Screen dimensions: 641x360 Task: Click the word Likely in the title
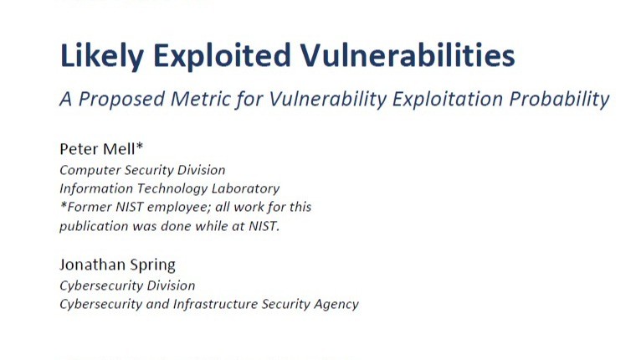click(101, 56)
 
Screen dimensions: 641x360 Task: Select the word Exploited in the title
click(222, 56)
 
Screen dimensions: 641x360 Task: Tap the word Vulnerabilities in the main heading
click(408, 55)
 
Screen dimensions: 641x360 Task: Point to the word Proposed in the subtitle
click(121, 100)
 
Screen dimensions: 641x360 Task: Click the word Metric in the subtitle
click(200, 99)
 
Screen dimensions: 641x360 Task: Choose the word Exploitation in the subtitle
click(447, 100)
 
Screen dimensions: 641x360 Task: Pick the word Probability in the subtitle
click(559, 100)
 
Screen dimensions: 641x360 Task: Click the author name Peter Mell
click(97, 149)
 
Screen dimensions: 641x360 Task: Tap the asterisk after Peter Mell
click(140, 146)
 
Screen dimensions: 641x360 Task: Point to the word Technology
click(172, 188)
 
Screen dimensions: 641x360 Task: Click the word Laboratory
click(245, 188)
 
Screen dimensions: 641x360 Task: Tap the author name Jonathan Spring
click(118, 265)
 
